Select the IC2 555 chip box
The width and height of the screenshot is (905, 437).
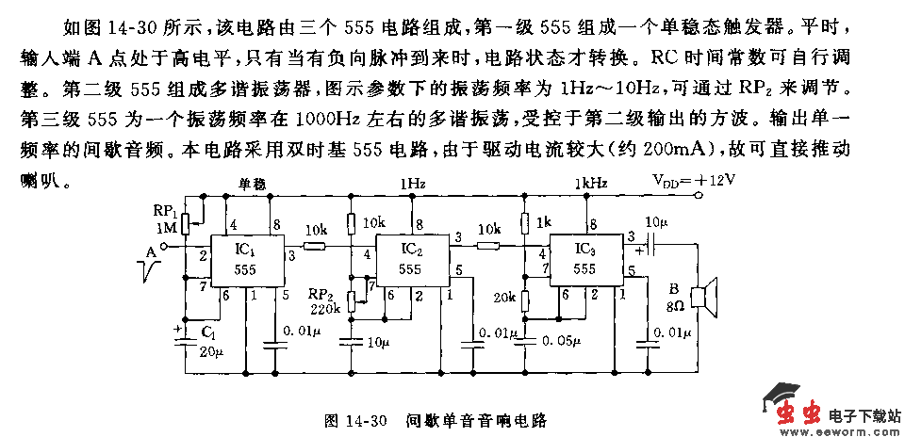pos(410,259)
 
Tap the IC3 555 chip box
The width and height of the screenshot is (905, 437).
pos(584,259)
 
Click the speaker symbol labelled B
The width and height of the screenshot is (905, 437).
pos(703,296)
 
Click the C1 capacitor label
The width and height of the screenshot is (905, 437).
pos(207,332)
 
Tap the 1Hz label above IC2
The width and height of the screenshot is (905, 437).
pos(412,182)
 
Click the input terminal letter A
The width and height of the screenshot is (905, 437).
pos(150,251)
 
